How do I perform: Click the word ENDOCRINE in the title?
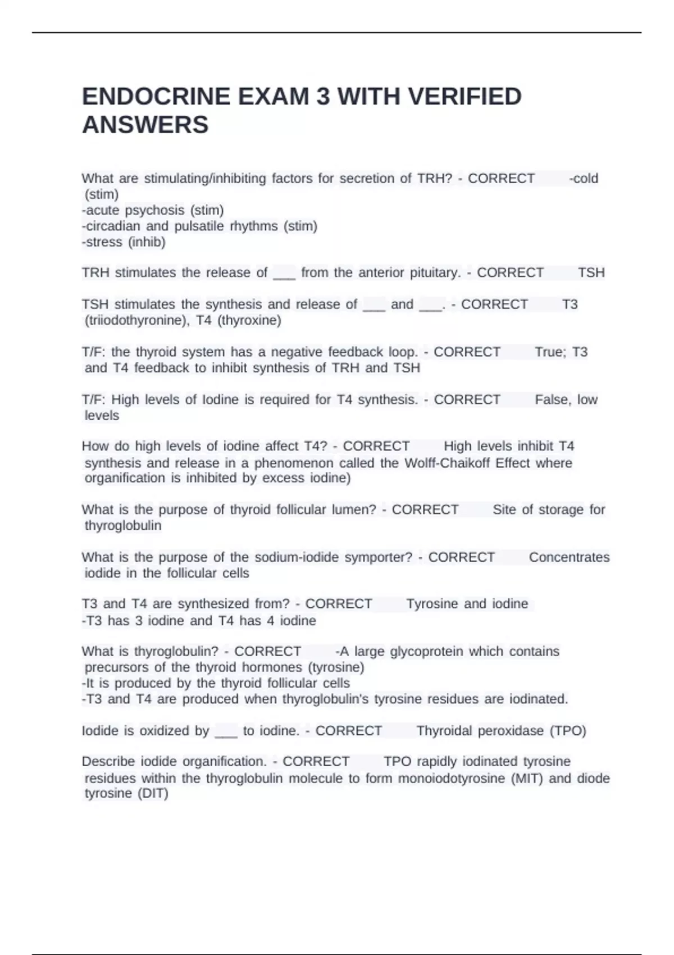click(156, 97)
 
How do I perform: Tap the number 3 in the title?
click(323, 97)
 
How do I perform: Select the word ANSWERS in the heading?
click(145, 125)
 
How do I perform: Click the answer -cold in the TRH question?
click(584, 179)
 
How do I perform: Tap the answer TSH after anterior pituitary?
click(591, 273)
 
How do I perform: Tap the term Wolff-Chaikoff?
click(467, 463)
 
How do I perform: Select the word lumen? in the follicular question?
click(354, 510)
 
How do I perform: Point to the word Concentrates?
click(569, 558)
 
